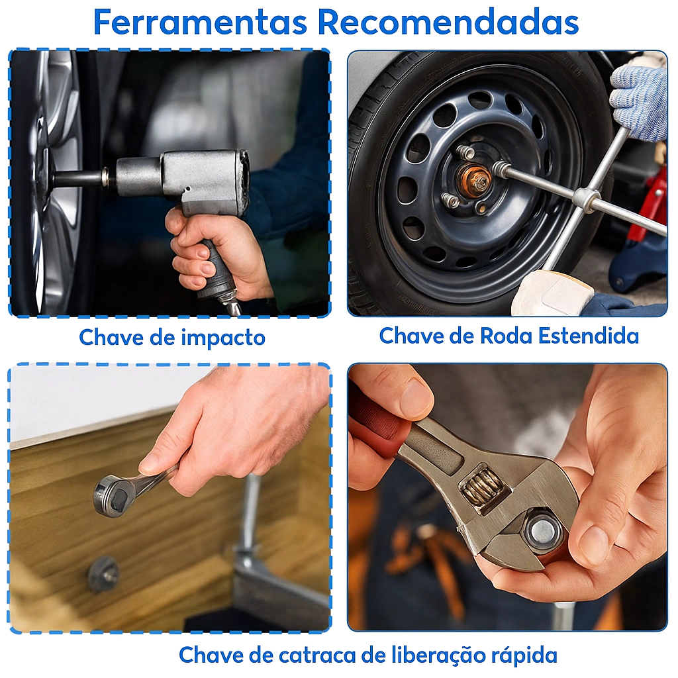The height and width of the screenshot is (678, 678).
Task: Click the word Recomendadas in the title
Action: click(448, 22)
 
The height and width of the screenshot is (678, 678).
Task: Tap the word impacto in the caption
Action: click(222, 338)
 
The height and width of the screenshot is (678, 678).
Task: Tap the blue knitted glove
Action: click(639, 99)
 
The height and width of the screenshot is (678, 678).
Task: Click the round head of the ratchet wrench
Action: click(113, 495)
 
